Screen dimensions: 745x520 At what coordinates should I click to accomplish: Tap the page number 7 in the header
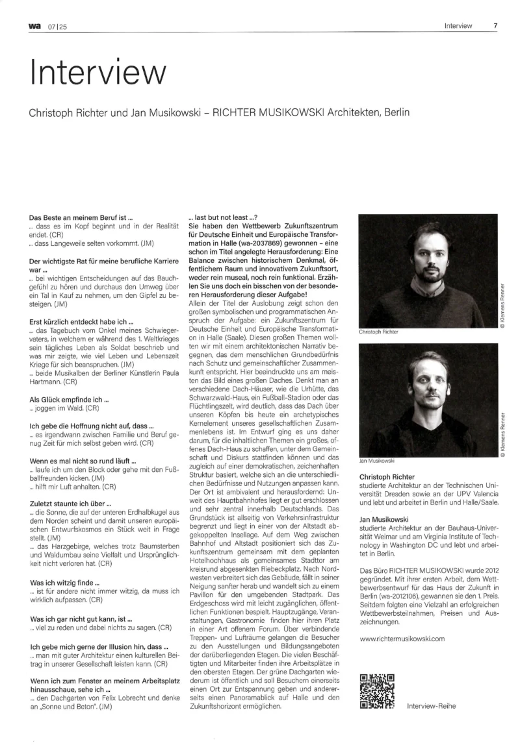click(495, 26)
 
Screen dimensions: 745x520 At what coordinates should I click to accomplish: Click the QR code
click(376, 692)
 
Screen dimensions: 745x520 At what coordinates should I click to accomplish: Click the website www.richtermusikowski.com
click(402, 639)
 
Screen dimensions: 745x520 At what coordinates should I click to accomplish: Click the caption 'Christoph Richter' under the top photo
click(378, 331)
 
